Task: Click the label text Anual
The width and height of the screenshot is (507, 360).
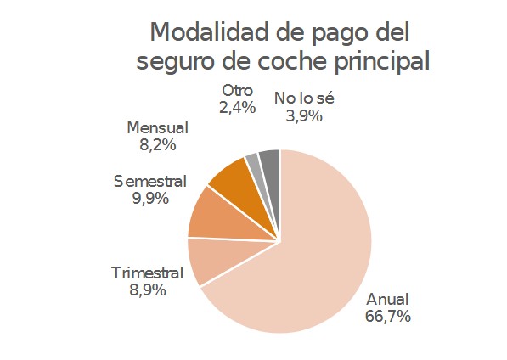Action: (387, 299)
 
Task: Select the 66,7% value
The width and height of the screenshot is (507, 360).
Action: (387, 317)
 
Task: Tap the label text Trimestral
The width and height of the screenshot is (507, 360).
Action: (147, 273)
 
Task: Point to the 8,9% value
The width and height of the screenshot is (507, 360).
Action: (147, 290)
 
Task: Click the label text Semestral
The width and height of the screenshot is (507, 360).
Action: (149, 182)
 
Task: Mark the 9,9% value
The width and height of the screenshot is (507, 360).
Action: (149, 199)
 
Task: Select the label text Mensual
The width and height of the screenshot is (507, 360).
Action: (157, 128)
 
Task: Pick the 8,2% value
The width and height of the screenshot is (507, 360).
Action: (157, 145)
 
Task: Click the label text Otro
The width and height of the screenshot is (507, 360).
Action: (238, 90)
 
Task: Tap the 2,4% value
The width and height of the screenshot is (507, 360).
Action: (238, 108)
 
